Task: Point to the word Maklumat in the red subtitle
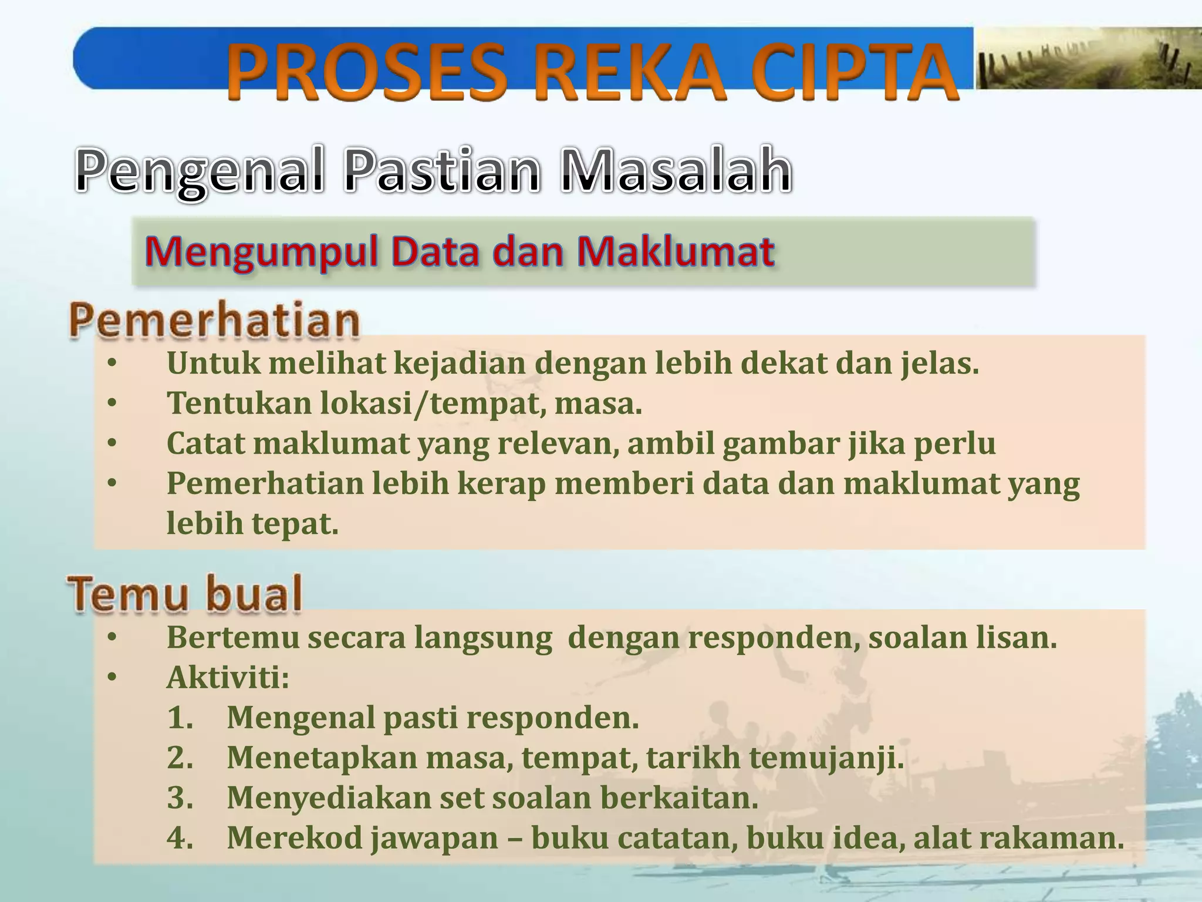675,253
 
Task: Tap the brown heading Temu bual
185,594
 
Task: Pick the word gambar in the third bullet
781,443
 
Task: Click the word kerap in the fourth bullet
501,483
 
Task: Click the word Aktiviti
228,678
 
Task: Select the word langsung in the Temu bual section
482,638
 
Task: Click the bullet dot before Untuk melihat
112,364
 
